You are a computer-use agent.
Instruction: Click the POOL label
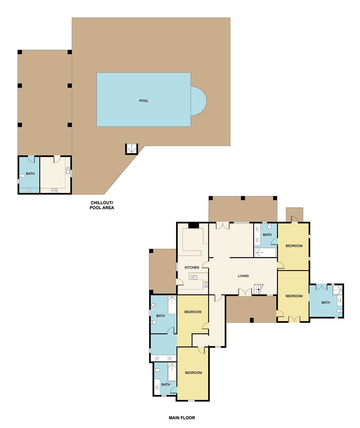pyautogui.click(x=144, y=101)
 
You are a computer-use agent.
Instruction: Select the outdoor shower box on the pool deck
pyautogui.click(x=131, y=148)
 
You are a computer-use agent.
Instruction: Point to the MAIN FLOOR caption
pyautogui.click(x=182, y=418)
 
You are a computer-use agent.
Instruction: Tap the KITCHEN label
pyautogui.click(x=192, y=267)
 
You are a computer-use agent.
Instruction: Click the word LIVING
pyautogui.click(x=243, y=276)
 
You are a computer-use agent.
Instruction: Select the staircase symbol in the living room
pyautogui.click(x=258, y=289)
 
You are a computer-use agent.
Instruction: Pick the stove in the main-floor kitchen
pyautogui.click(x=206, y=284)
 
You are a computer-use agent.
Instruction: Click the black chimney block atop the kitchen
pyautogui.click(x=194, y=225)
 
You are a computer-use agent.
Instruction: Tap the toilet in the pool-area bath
pyautogui.click(x=22, y=176)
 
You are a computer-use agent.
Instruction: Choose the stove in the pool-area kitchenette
pyautogui.click(x=54, y=190)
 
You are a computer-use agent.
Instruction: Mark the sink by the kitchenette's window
pyautogui.click(x=67, y=171)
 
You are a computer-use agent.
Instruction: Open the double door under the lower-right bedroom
pyautogui.click(x=294, y=319)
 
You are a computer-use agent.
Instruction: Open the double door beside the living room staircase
pyautogui.click(x=245, y=292)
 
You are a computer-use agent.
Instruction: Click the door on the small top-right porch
pyautogui.click(x=294, y=219)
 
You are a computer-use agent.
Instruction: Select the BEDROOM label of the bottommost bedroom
pyautogui.click(x=193, y=373)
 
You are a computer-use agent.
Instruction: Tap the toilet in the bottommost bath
pyautogui.click(x=157, y=370)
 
